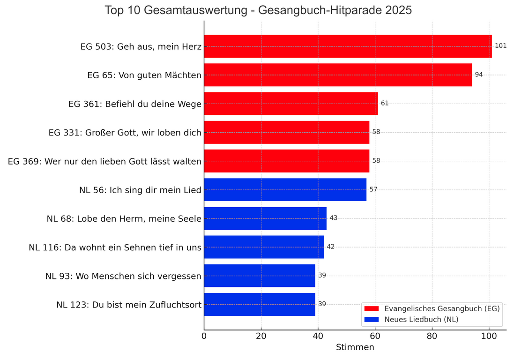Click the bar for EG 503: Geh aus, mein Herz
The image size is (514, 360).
pyautogui.click(x=348, y=46)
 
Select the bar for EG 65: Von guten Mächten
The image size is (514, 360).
pyautogui.click(x=338, y=75)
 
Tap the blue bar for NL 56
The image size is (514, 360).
pyautogui.click(x=285, y=189)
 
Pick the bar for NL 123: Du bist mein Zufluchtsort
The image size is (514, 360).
pyautogui.click(x=260, y=304)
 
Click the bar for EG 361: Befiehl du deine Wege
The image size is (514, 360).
pyautogui.click(x=291, y=103)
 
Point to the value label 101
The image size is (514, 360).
pyautogui.click(x=500, y=46)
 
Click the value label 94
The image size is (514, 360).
pyautogui.click(x=478, y=75)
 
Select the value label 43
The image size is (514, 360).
pyautogui.click(x=333, y=218)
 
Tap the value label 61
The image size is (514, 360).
pyautogui.click(x=385, y=103)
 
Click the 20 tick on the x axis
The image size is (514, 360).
pyautogui.click(x=261, y=336)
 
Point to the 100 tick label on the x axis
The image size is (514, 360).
pyautogui.click(x=489, y=336)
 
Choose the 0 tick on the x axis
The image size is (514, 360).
pyautogui.click(x=204, y=336)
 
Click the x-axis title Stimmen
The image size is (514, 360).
pyautogui.click(x=355, y=347)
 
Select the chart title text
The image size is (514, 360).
pyautogui.click(x=258, y=10)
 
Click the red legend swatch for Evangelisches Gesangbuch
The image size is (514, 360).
pyautogui.click(x=371, y=308)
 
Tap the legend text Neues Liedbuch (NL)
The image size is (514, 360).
pyautogui.click(x=421, y=320)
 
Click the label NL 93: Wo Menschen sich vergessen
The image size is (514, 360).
pyautogui.click(x=123, y=276)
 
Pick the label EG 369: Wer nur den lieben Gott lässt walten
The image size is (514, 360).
pyautogui.click(x=104, y=161)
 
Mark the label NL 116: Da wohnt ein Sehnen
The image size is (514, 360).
pyautogui.click(x=115, y=247)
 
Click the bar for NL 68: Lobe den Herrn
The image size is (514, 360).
pyautogui.click(x=265, y=218)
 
